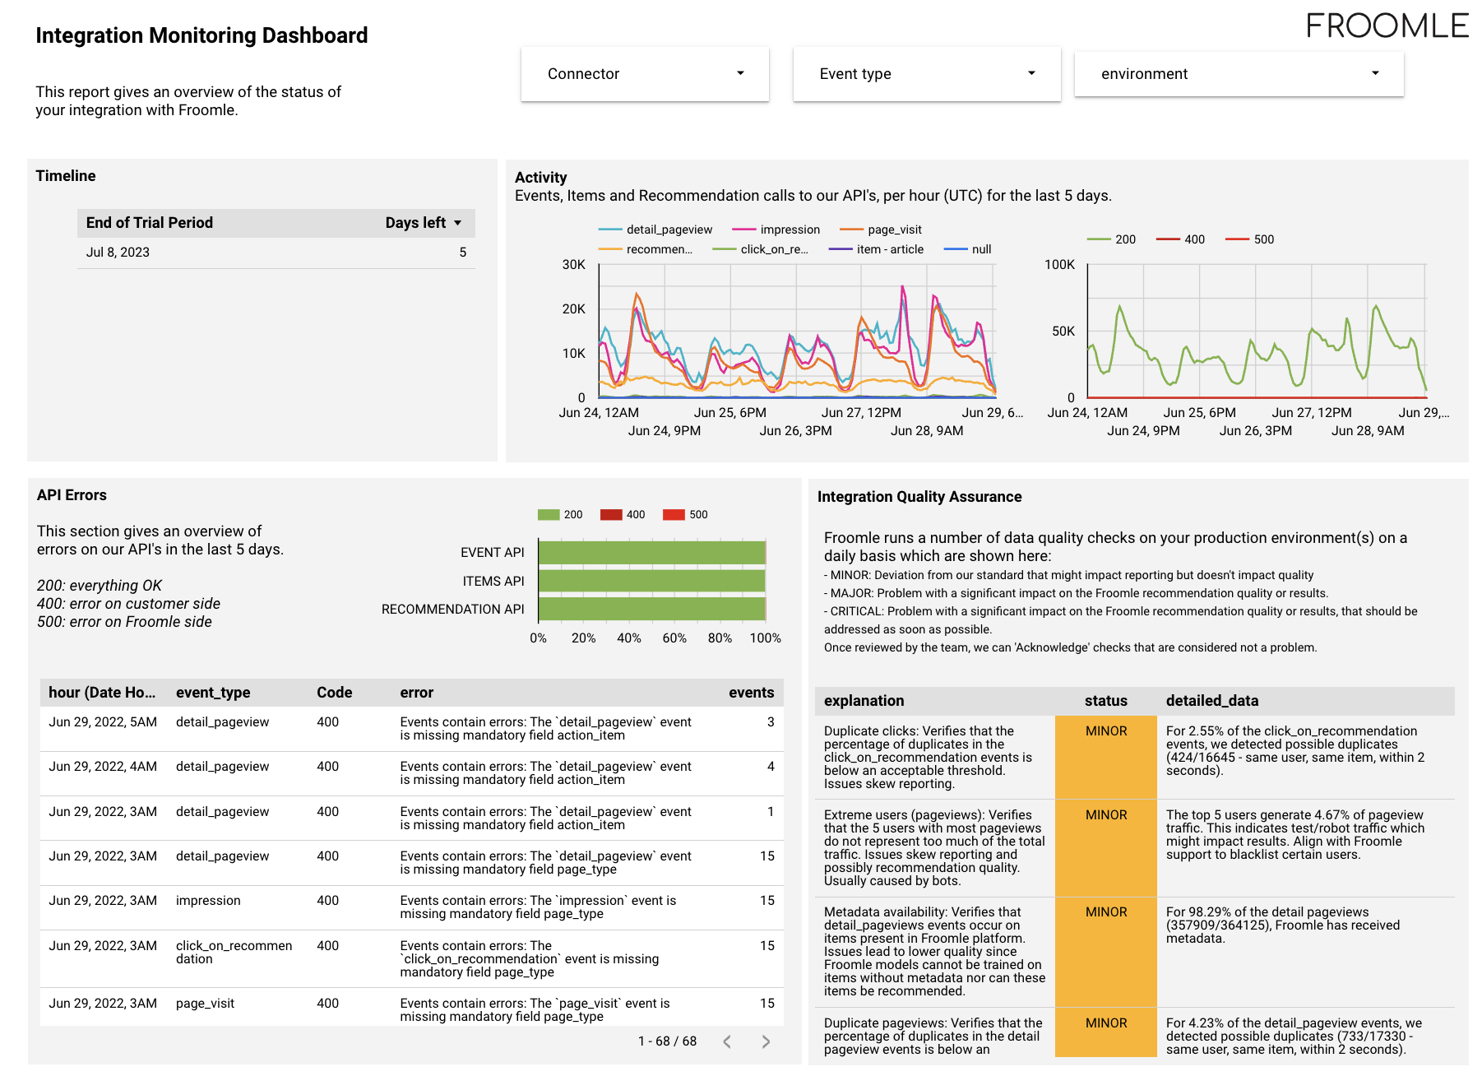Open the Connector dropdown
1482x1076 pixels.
coord(645,74)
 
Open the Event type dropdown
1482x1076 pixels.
coord(926,74)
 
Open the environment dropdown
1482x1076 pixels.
coord(1238,74)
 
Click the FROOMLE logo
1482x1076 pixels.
coord(1387,26)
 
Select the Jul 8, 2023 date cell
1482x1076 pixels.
coord(118,253)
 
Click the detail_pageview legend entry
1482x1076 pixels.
coord(669,230)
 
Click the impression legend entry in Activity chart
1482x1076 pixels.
coord(790,230)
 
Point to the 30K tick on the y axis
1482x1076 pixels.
coord(573,265)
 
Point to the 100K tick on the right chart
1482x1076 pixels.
coord(1059,265)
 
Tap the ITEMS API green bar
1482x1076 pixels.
coord(651,581)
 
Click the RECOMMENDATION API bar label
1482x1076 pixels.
coord(452,609)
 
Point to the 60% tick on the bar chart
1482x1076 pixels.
coord(674,638)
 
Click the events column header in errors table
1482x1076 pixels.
coord(751,693)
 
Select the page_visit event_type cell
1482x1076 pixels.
coord(205,1004)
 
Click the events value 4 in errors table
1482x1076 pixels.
coord(771,767)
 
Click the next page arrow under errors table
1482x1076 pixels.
coord(766,1041)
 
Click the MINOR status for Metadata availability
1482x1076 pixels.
coord(1105,912)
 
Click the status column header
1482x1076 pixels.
coord(1105,701)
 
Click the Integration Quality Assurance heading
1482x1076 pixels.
coord(919,497)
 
